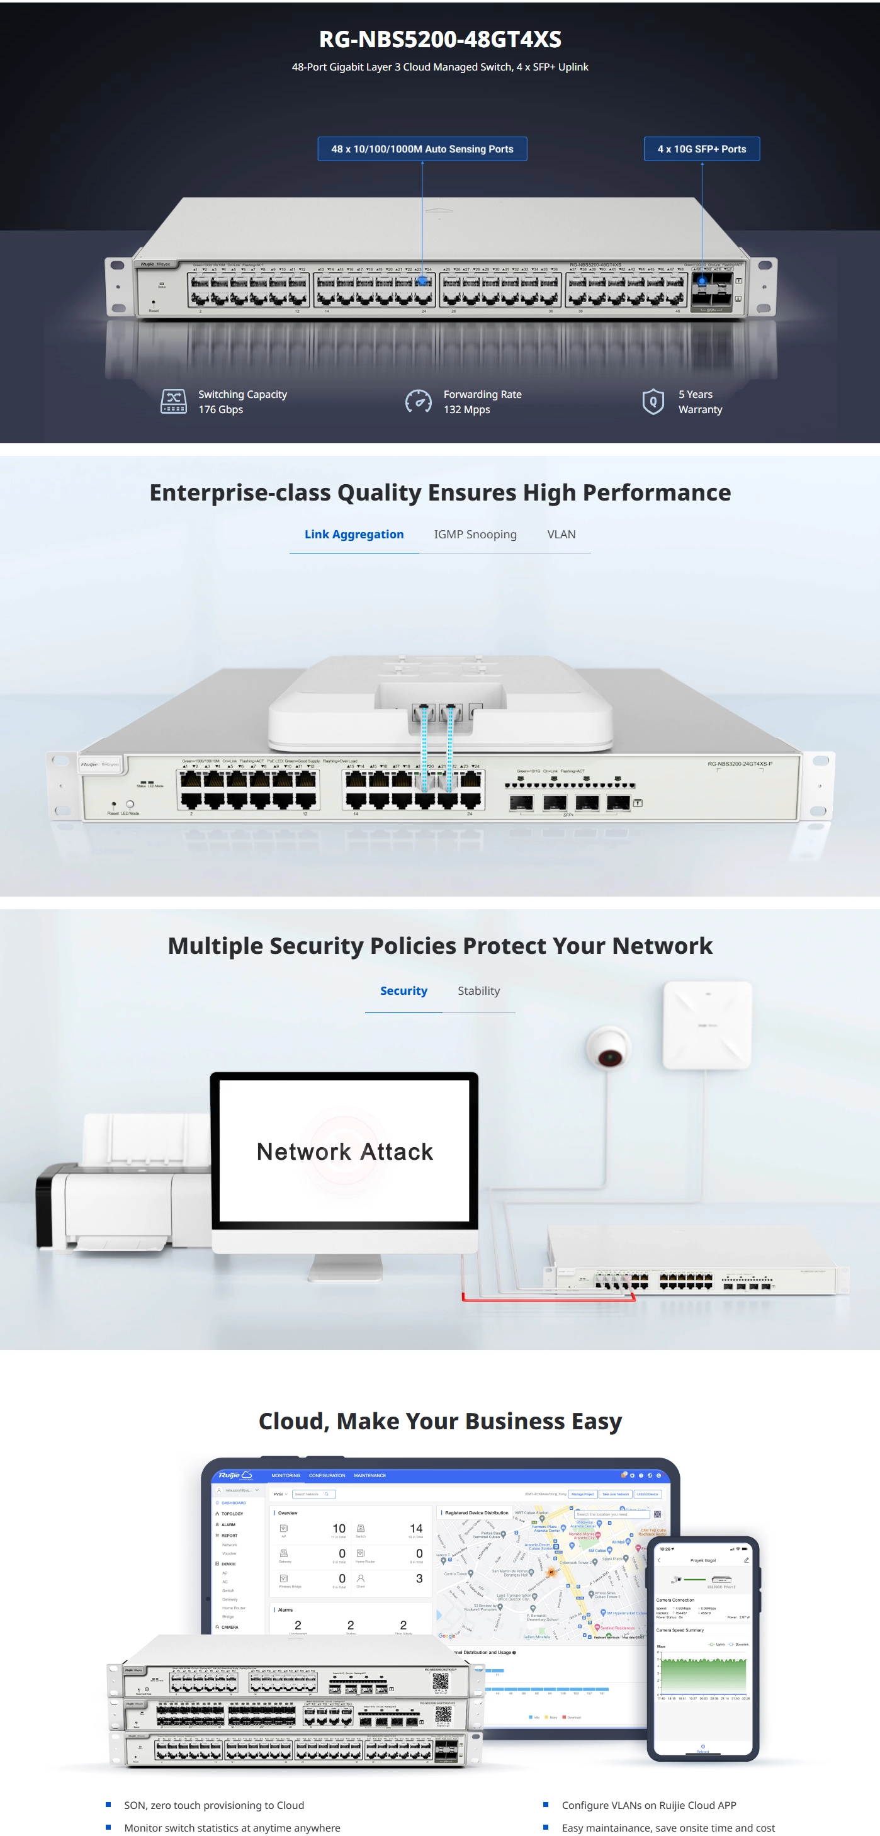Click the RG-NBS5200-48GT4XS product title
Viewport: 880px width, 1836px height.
439,39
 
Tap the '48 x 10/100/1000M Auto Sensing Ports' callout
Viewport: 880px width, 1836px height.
422,149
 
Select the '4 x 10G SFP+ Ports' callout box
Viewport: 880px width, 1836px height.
701,149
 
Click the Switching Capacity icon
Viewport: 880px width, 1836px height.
173,401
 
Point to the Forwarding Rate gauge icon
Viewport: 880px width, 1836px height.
418,401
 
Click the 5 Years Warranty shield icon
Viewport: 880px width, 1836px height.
653,401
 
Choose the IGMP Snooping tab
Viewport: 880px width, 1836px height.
475,535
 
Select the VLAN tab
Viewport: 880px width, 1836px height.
561,535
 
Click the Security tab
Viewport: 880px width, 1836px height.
403,990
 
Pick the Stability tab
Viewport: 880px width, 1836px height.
478,990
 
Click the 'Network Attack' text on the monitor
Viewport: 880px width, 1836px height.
344,1152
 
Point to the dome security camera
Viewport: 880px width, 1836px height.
609,1047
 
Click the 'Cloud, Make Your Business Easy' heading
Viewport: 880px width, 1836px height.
439,1421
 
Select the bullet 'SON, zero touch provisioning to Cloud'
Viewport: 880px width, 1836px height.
214,1805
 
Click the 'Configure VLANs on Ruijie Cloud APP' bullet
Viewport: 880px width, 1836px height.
648,1805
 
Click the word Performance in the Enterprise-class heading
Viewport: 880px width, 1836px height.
657,492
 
